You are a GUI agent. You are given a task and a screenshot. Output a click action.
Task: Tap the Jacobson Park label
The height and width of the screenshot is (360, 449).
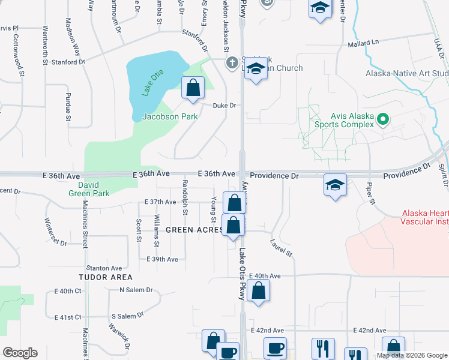pos(170,116)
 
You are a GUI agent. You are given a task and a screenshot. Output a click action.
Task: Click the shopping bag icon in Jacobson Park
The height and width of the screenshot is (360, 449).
pos(193,89)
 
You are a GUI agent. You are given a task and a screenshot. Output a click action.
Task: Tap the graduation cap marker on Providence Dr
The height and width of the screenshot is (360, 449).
pos(335,185)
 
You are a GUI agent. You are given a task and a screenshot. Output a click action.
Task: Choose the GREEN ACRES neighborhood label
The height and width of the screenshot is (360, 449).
pos(194,230)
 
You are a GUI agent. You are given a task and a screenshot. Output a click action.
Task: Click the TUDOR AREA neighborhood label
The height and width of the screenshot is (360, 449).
pos(105,277)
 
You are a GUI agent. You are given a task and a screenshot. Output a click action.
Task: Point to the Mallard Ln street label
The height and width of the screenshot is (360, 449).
pos(364,43)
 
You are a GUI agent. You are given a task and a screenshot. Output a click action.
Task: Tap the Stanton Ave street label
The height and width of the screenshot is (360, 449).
pos(104,268)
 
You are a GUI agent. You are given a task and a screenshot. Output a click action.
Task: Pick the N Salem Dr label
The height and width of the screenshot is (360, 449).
pos(136,290)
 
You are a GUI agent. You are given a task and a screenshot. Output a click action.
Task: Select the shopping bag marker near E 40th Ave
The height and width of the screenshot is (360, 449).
pos(258,292)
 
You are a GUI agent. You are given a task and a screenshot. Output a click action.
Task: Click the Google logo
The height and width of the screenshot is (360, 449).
pos(20,353)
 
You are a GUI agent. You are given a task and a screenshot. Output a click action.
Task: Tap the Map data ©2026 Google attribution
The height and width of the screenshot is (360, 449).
pos(411,355)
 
